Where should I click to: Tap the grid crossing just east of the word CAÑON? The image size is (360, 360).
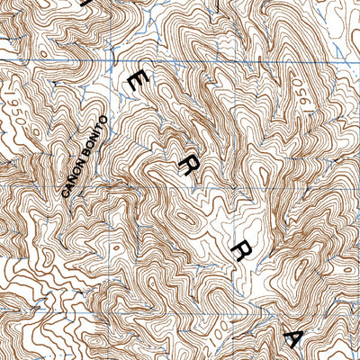tap(109, 190)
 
